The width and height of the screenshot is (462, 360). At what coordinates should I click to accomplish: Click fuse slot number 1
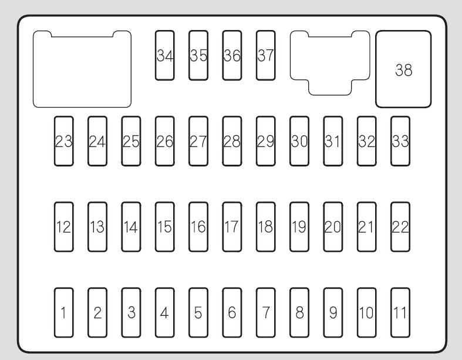[64, 312]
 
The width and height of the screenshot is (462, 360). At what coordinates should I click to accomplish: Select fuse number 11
[400, 312]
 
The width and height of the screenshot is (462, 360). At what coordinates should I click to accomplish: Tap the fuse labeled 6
[232, 312]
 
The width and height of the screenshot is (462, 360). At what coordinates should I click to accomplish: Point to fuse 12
[64, 226]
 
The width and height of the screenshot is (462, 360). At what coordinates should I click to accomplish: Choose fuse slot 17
[232, 226]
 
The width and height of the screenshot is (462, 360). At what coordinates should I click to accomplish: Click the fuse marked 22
[400, 226]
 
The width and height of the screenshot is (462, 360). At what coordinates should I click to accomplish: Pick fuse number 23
[64, 141]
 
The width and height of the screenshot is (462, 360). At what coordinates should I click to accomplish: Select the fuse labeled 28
[232, 141]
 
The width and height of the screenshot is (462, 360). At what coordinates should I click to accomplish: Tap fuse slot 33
[400, 141]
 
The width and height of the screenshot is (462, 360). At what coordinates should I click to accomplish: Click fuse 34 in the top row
[165, 55]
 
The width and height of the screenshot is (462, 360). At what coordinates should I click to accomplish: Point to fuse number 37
[266, 55]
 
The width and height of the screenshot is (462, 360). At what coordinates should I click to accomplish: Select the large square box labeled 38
[403, 69]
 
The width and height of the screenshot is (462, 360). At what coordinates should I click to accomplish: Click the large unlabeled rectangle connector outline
[82, 69]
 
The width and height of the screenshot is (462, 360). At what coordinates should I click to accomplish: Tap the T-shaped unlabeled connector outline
[330, 59]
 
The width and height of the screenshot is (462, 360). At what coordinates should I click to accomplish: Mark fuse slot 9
[333, 312]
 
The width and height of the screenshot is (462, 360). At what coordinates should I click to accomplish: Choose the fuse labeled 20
[333, 226]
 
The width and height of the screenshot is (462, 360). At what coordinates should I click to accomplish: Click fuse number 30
[299, 141]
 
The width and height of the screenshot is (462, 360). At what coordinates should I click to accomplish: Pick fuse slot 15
[165, 226]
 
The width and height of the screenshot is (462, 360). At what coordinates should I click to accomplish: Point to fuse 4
[165, 312]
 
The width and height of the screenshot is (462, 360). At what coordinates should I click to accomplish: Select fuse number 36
[232, 55]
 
